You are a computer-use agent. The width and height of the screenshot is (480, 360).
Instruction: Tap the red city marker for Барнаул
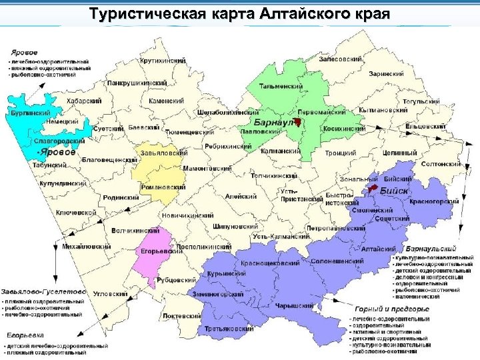click(x=299, y=121)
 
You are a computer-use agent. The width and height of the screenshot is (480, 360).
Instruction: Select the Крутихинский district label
click(x=163, y=61)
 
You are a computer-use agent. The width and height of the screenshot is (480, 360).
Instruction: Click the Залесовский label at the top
click(x=341, y=59)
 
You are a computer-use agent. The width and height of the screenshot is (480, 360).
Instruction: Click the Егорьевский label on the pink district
click(x=162, y=251)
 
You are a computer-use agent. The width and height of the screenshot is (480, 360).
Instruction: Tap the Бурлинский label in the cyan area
click(x=29, y=114)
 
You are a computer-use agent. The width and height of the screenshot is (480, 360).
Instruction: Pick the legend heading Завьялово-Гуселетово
click(x=44, y=291)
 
